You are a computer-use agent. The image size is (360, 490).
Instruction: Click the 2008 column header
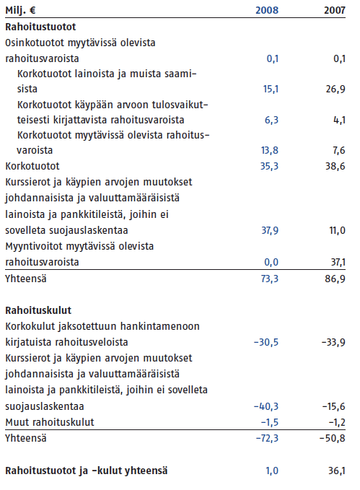click(x=267, y=10)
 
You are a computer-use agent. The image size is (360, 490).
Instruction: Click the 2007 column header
click(x=335, y=10)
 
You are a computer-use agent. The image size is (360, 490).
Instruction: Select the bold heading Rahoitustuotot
click(x=40, y=27)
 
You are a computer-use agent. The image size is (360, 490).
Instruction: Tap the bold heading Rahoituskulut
click(x=38, y=310)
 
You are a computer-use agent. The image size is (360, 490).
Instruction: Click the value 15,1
click(x=271, y=89)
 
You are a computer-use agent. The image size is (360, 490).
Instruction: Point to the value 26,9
click(x=335, y=89)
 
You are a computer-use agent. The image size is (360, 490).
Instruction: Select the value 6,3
click(x=271, y=120)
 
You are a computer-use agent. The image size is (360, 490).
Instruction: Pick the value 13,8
click(x=270, y=150)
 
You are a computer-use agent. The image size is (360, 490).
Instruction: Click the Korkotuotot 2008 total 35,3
click(x=269, y=166)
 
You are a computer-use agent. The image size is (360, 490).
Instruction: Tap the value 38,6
click(x=335, y=166)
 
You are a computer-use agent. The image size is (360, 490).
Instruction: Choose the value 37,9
click(x=270, y=231)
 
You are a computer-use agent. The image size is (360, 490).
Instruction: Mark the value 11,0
click(x=338, y=231)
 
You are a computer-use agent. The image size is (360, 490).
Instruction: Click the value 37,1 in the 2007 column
click(x=338, y=262)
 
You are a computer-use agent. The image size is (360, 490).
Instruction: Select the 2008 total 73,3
click(x=269, y=279)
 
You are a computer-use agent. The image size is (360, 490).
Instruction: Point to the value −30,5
click(x=266, y=343)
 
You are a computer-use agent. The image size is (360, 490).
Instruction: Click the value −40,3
click(x=266, y=406)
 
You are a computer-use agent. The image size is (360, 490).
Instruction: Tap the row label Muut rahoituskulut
click(x=50, y=422)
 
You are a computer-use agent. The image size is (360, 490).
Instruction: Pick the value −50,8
click(x=333, y=438)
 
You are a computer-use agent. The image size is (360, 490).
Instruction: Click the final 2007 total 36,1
click(x=337, y=471)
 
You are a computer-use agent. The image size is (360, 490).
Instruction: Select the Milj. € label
click(x=20, y=11)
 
